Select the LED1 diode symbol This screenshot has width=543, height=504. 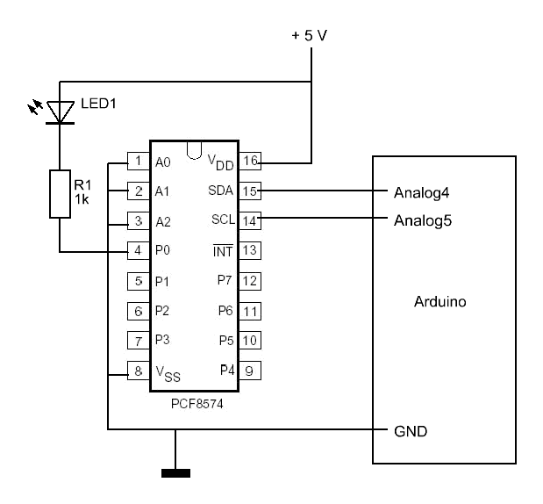[59, 111]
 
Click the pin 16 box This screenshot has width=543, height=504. [249, 162]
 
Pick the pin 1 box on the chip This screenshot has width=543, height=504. [138, 162]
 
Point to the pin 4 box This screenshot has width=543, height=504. [138, 251]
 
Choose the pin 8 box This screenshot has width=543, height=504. [138, 371]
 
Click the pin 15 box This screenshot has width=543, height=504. [249, 191]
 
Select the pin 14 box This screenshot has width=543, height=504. [249, 220]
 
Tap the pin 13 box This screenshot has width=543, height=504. [249, 251]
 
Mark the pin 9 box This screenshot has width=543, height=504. [249, 371]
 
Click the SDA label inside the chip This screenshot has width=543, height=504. [220, 191]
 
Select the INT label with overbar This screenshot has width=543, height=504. [222, 251]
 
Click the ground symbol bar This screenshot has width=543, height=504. [176, 475]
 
